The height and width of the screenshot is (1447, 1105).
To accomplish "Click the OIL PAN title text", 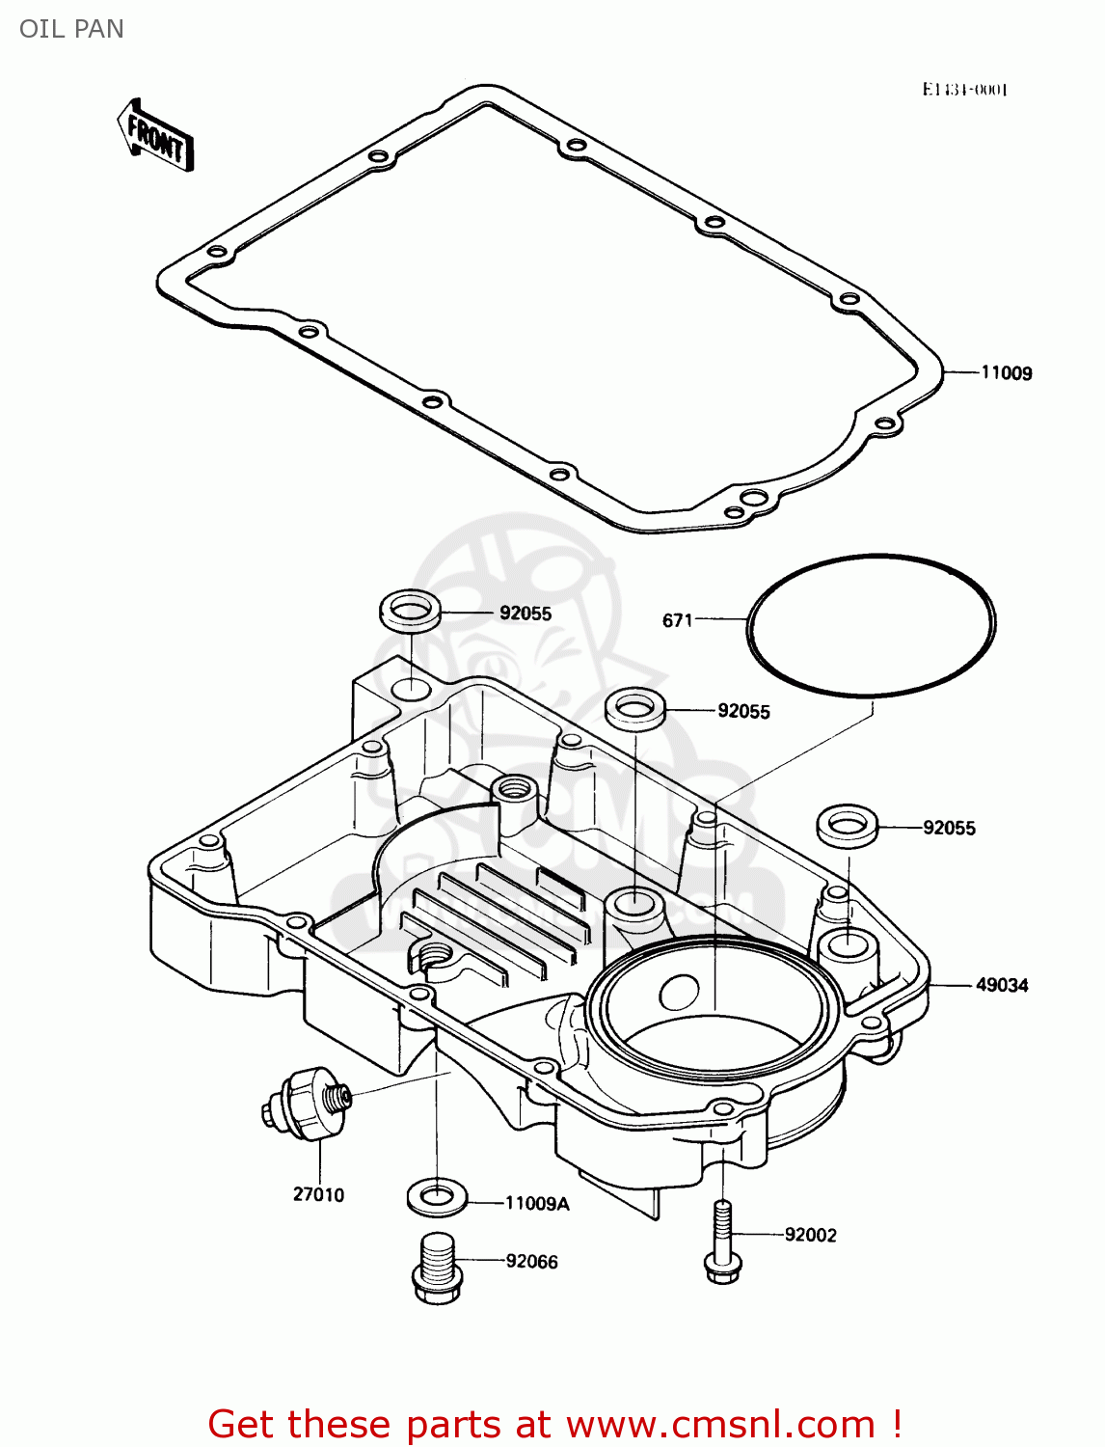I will [71, 29].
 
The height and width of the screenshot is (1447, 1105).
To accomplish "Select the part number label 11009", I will [1006, 373].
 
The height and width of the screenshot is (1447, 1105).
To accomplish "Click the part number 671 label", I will [677, 620].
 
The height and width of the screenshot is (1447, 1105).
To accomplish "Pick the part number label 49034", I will [1002, 985].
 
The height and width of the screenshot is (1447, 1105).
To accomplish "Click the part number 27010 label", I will [318, 1194].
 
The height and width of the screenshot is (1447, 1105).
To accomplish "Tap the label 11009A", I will [537, 1203].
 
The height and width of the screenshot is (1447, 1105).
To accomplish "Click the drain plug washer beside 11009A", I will [438, 1198].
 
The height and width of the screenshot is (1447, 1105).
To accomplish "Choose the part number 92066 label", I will [531, 1262].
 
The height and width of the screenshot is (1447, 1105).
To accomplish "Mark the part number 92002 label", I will [810, 1235].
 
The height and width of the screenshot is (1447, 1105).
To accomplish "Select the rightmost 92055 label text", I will [949, 828].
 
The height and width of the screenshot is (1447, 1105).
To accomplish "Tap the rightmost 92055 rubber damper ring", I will [848, 826].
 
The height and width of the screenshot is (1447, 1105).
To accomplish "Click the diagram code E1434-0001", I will [964, 90].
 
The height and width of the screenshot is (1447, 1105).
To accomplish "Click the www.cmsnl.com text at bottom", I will [719, 1424].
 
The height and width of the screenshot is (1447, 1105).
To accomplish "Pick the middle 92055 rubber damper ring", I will [635, 710].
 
